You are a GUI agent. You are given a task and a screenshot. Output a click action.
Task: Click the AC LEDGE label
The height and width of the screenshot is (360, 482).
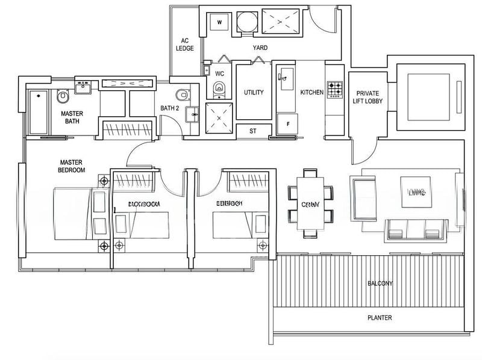(x=184, y=45)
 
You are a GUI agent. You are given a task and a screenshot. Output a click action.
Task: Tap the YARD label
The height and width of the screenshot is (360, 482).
(x=260, y=48)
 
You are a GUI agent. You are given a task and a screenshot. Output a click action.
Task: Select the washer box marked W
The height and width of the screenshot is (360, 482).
(x=219, y=23)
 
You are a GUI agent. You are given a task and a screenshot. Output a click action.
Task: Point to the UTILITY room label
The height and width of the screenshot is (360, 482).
(x=253, y=93)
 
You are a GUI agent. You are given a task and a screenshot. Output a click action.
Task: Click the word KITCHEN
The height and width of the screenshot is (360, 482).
(x=312, y=93)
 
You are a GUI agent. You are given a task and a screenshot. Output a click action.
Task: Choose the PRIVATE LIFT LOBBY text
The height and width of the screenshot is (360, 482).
(x=368, y=97)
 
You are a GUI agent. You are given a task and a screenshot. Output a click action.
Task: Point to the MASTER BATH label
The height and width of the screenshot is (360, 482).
(x=72, y=117)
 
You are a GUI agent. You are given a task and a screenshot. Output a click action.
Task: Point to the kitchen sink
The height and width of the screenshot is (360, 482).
(x=285, y=75)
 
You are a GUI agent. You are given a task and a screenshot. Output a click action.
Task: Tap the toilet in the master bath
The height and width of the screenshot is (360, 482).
(x=63, y=96)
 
